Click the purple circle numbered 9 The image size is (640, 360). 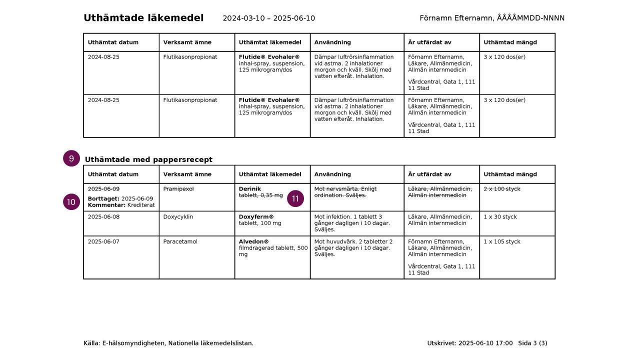71,158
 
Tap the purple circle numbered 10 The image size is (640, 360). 71,202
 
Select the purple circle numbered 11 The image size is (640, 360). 295,198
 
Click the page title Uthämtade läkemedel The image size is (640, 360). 143,18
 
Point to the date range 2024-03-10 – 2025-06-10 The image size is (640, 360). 268,18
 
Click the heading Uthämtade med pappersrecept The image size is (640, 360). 148,159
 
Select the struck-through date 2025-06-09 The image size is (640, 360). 103,189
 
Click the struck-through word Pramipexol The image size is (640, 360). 178,189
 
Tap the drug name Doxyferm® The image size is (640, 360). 256,217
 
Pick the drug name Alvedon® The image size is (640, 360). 253,241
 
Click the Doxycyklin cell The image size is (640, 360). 178,217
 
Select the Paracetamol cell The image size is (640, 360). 180,241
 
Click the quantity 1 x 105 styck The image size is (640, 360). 501,241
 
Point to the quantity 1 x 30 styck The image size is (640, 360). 500,217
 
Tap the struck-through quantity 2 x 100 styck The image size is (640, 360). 501,189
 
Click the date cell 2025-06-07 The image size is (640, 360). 103,241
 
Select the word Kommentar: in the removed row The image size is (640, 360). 106,205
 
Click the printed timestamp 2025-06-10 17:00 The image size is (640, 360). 485,343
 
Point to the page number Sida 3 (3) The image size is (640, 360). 532,343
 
